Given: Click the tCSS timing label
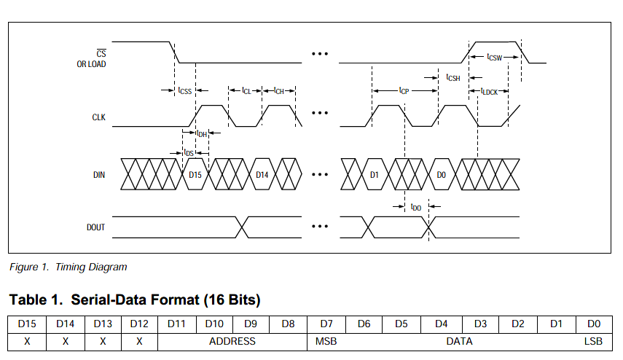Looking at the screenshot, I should click(x=185, y=91).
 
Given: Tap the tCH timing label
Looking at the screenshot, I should click(x=278, y=91).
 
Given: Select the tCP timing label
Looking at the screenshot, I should click(x=404, y=91).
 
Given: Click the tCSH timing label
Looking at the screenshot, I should click(x=453, y=77).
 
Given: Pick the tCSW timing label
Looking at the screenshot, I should click(x=495, y=56).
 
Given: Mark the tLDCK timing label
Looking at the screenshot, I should click(x=489, y=91).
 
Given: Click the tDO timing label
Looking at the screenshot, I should click(x=416, y=207).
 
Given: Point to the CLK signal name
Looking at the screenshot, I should click(x=98, y=117).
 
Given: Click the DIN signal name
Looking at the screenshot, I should click(x=99, y=176).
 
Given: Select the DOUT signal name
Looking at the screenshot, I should click(x=95, y=227).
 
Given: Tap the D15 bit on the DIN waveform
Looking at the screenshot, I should click(x=195, y=176).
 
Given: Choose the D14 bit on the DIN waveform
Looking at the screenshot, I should click(x=262, y=176).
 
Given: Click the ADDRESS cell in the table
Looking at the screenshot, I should click(x=232, y=341).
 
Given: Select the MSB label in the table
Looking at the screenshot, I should click(x=325, y=341).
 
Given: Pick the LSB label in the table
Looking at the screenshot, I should click(x=592, y=341).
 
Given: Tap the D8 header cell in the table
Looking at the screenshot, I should click(x=288, y=324).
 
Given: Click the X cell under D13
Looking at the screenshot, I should click(x=103, y=341).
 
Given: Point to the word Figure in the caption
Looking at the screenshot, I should click(x=24, y=267).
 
